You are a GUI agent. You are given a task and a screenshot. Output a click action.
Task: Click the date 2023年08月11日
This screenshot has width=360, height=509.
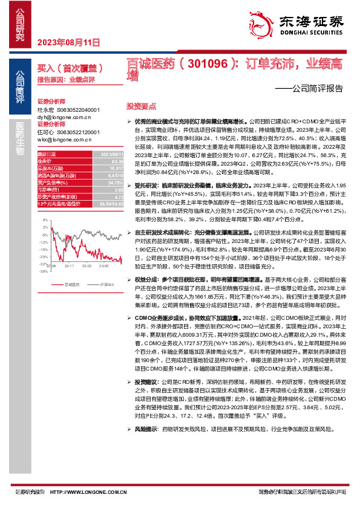(x=68, y=42)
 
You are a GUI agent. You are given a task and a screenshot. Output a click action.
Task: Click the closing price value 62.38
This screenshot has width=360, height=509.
(x=100, y=161)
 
